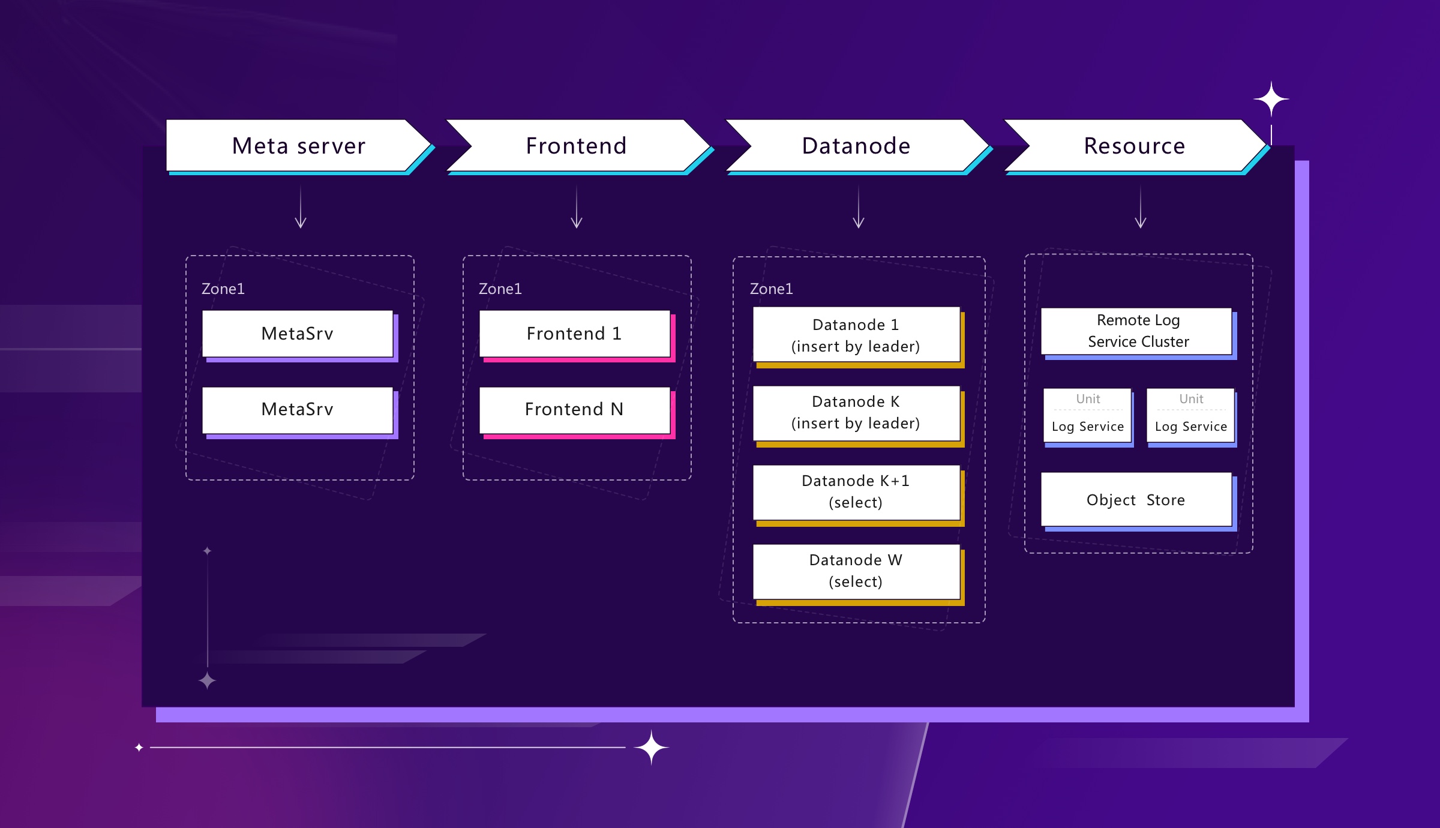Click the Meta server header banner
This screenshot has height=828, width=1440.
pos(298,146)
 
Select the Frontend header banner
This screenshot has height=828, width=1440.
pos(576,146)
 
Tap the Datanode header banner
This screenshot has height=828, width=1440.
pos(856,146)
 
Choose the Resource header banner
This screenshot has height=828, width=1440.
pos(1134,146)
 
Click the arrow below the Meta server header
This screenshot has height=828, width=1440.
pos(301,208)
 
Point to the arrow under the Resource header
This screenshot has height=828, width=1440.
pos(1141,208)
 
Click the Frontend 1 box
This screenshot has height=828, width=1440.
pos(574,334)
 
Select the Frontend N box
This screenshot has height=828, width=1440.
pos(574,410)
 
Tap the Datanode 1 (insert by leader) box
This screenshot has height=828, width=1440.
pos(856,335)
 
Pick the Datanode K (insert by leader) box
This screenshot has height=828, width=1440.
pos(856,412)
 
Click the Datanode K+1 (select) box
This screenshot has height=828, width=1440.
pos(856,491)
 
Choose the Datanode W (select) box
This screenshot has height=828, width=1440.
pos(856,571)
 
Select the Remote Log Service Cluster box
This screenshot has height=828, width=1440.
pos(1137,331)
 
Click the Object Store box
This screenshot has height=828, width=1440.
pos(1136,499)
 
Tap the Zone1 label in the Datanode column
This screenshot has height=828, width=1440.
pos(771,289)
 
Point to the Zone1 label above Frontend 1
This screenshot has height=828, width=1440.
pos(500,289)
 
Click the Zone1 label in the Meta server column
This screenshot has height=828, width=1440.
pos(223,289)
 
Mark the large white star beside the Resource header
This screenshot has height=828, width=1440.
pos(1271,99)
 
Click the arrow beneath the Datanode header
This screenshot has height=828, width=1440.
pos(859,208)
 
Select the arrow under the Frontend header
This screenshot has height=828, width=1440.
pos(577,208)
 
